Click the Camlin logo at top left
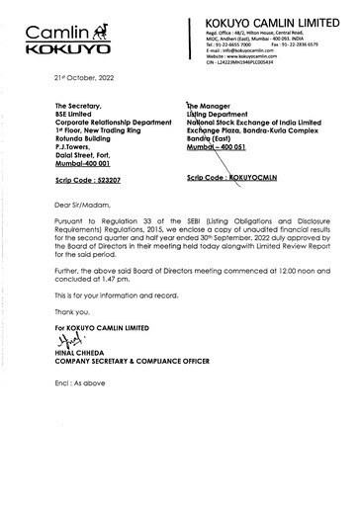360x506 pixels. tap(61, 40)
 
